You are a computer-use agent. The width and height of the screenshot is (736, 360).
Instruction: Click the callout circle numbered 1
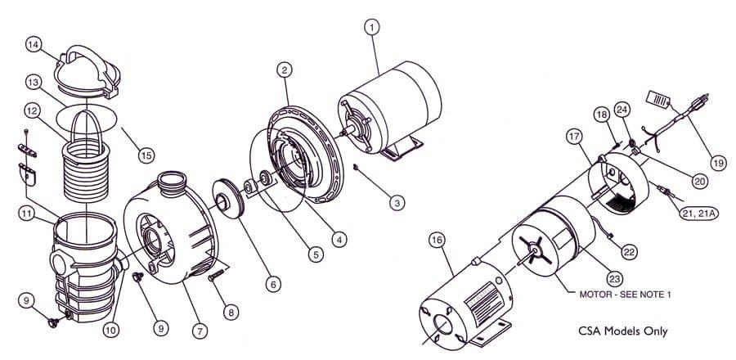[372, 28]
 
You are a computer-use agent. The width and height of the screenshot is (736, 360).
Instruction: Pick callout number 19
[717, 162]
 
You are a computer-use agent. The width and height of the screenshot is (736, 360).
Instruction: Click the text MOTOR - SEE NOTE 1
[625, 294]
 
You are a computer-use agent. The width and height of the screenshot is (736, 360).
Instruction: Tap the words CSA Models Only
[621, 331]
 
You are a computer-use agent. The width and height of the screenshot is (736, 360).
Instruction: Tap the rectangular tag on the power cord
[659, 98]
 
